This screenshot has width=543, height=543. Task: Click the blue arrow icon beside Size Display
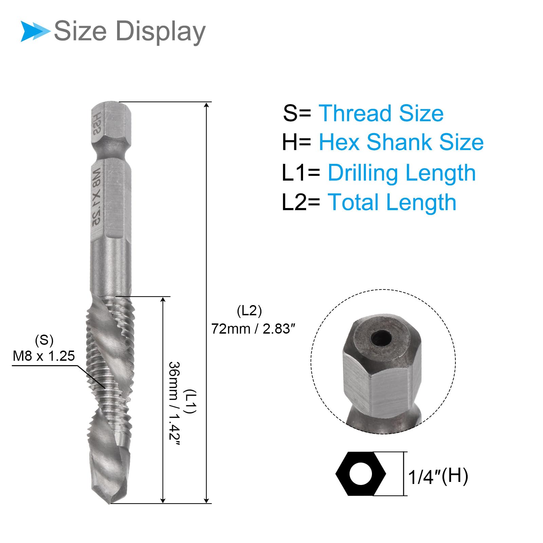click(35, 31)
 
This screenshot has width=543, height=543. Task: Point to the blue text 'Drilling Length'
click(402, 173)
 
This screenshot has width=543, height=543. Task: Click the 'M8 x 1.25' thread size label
click(44, 356)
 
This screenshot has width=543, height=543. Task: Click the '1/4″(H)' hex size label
click(438, 476)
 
